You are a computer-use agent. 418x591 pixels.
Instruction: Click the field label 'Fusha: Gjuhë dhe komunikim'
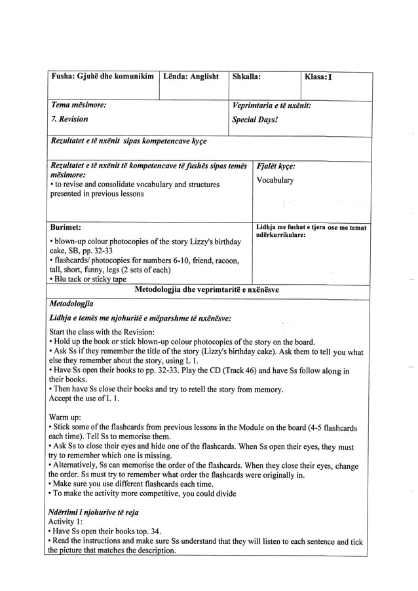102,77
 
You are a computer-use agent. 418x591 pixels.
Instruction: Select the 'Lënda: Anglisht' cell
191,77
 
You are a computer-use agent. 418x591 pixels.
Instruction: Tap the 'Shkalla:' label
246,77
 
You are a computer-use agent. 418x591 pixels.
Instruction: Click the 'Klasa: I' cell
318,77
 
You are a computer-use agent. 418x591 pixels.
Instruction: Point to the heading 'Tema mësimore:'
78,105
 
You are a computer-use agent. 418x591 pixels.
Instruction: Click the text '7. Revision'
69,119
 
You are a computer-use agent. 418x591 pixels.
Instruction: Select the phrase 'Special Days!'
255,120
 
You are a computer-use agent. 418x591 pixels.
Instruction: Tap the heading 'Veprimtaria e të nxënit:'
271,105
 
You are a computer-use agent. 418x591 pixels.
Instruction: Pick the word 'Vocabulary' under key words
275,180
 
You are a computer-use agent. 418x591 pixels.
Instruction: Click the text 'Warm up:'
66,417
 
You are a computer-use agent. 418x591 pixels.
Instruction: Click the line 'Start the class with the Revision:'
102,332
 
